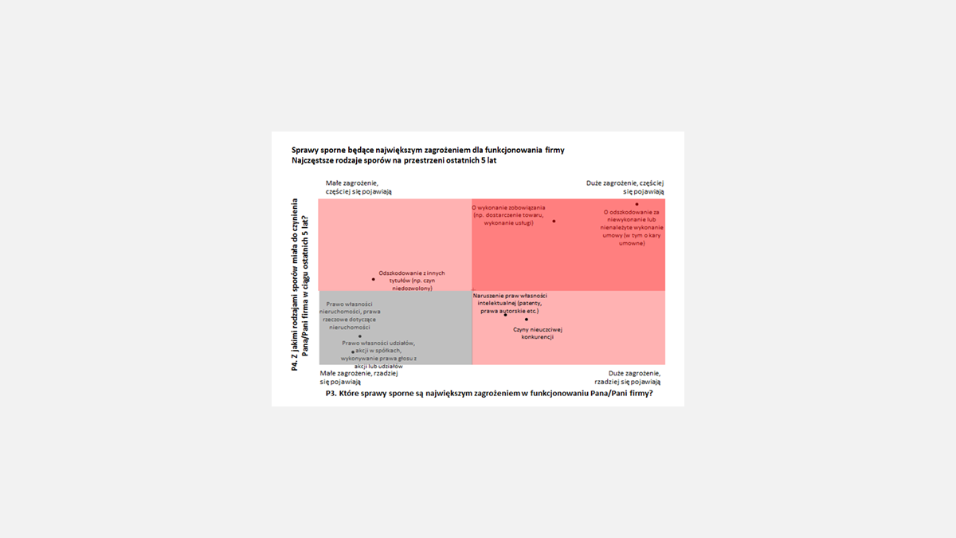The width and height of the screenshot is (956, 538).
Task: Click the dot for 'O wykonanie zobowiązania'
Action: pyautogui.click(x=554, y=221)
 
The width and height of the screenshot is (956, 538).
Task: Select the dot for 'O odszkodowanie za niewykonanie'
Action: pyautogui.click(x=637, y=204)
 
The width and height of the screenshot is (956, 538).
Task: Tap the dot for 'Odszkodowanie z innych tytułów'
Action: pyautogui.click(x=373, y=279)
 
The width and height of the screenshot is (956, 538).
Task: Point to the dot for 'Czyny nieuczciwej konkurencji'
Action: pyautogui.click(x=527, y=320)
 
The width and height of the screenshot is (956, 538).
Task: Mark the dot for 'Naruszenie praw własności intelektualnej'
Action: pyautogui.click(x=505, y=314)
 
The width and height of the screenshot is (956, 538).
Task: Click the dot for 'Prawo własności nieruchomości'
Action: pyautogui.click(x=360, y=336)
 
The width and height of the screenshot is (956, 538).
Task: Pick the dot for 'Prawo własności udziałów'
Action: pyautogui.click(x=353, y=351)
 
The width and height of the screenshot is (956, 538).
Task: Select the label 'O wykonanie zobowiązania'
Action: pyautogui.click(x=508, y=215)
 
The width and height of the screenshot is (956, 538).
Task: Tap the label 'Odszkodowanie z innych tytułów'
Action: pyautogui.click(x=412, y=280)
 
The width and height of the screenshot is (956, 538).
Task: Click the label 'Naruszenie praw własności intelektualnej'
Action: pyautogui.click(x=510, y=303)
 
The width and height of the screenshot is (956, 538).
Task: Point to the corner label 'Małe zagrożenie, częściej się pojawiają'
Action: pyautogui.click(x=358, y=187)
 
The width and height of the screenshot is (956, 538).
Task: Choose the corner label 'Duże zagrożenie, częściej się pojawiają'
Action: pyautogui.click(x=625, y=187)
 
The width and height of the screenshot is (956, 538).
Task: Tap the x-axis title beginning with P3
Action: pyautogui.click(x=489, y=393)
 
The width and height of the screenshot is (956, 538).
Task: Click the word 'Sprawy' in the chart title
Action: pyautogui.click(x=305, y=150)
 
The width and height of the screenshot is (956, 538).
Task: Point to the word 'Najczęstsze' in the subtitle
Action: pyautogui.click(x=312, y=160)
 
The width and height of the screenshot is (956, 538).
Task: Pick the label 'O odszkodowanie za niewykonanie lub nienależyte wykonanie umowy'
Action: pyautogui.click(x=633, y=227)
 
